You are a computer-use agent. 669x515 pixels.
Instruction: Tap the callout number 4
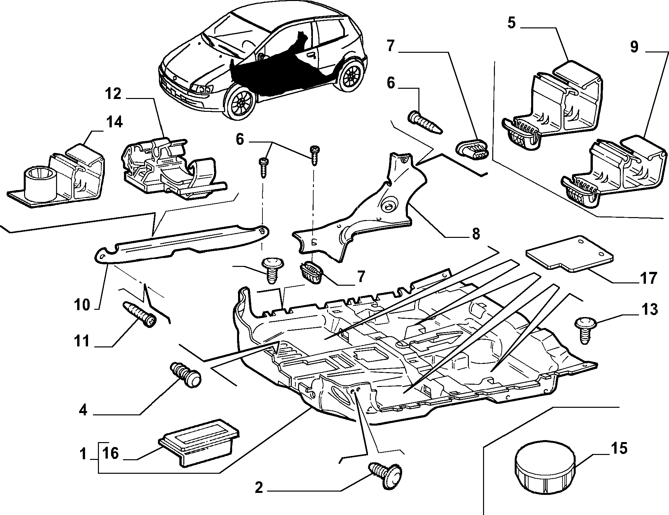[83, 410]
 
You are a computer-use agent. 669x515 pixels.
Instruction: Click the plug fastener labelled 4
[187, 375]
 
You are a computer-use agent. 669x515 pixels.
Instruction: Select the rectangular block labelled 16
[199, 445]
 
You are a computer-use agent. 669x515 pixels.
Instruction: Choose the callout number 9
[634, 47]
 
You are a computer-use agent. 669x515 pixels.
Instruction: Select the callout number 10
[82, 305]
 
